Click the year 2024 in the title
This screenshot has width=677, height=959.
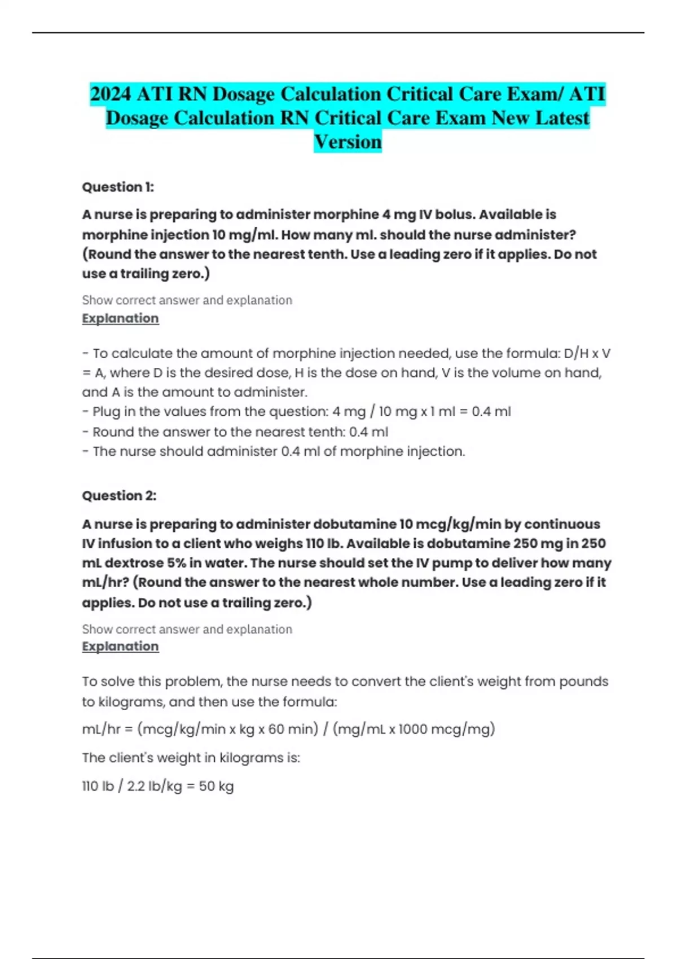click(x=111, y=94)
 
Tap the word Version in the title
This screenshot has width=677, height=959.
click(x=348, y=142)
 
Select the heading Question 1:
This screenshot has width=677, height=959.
click(x=118, y=187)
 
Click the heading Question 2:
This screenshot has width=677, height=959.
click(x=119, y=496)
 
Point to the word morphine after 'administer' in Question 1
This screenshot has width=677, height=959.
click(x=346, y=215)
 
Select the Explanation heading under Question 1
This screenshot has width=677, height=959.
click(x=120, y=318)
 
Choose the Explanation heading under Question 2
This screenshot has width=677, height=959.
click(x=120, y=646)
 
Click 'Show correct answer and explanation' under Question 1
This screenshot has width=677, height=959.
click(x=187, y=300)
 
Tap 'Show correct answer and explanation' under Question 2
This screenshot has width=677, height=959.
click(x=187, y=629)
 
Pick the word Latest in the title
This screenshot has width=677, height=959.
click(x=562, y=118)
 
